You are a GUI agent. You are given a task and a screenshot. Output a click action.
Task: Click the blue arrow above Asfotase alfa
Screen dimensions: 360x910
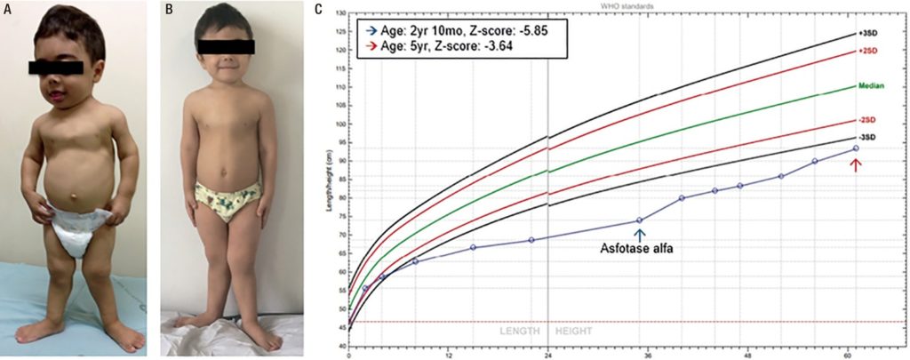tap(639, 233)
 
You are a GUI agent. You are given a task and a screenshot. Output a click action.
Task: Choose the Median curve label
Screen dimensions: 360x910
tap(869, 86)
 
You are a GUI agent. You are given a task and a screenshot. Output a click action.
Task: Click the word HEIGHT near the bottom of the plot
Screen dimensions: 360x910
tap(574, 332)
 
